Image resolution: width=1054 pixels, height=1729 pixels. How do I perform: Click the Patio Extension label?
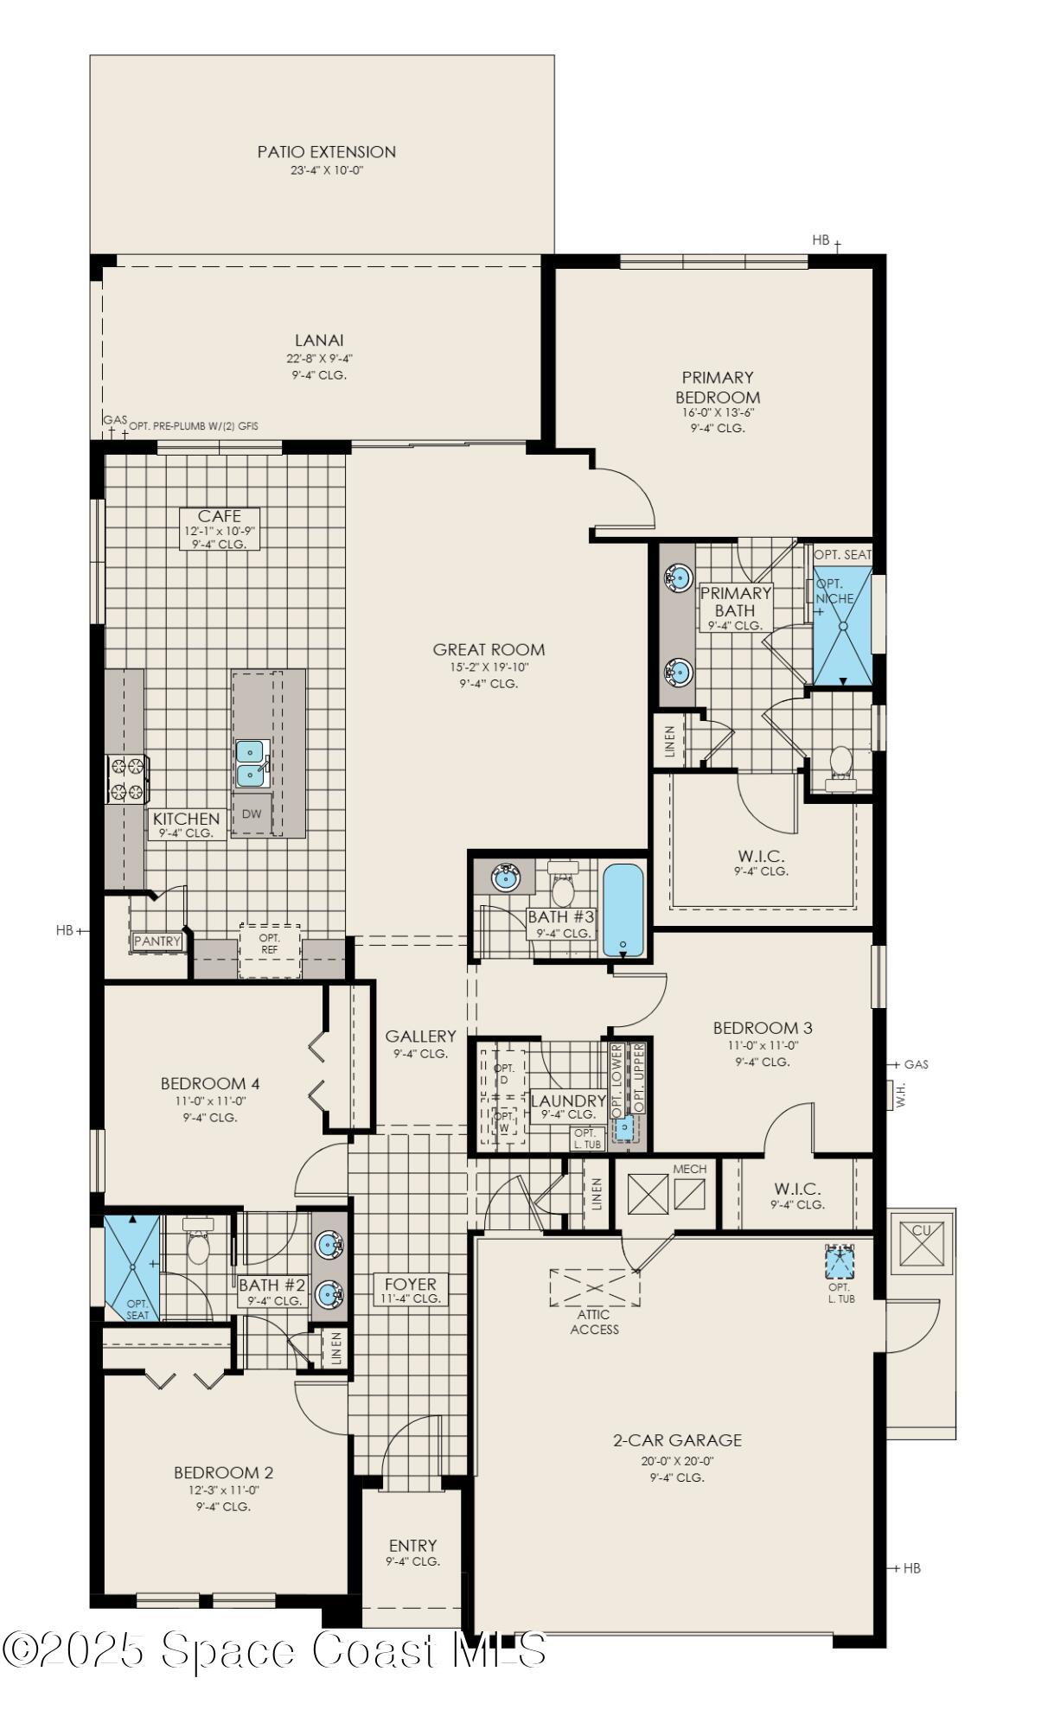[x=326, y=151]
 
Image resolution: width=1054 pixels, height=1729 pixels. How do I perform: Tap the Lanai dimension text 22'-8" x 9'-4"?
[x=319, y=358]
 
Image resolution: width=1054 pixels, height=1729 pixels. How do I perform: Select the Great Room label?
[x=489, y=649]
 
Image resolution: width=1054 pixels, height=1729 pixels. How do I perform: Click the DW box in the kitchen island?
[x=252, y=813]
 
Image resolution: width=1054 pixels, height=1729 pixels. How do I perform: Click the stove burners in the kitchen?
[x=127, y=779]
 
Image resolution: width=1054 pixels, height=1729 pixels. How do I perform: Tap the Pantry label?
[x=157, y=941]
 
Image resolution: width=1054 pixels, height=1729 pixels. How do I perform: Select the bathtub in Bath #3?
[x=623, y=909]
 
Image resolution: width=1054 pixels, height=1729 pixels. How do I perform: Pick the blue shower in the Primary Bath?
[x=842, y=623]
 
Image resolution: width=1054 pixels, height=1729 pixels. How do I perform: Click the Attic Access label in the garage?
[x=594, y=1322]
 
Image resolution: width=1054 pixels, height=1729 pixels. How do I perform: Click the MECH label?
[x=689, y=1169]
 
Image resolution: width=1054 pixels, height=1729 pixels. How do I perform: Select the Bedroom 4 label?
[x=210, y=1083]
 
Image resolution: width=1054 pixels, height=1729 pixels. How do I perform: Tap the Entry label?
[x=412, y=1545]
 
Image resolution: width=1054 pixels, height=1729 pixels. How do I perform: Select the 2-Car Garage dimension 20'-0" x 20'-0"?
[x=677, y=1461]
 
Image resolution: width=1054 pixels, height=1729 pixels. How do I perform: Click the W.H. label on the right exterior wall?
[x=900, y=1093]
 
